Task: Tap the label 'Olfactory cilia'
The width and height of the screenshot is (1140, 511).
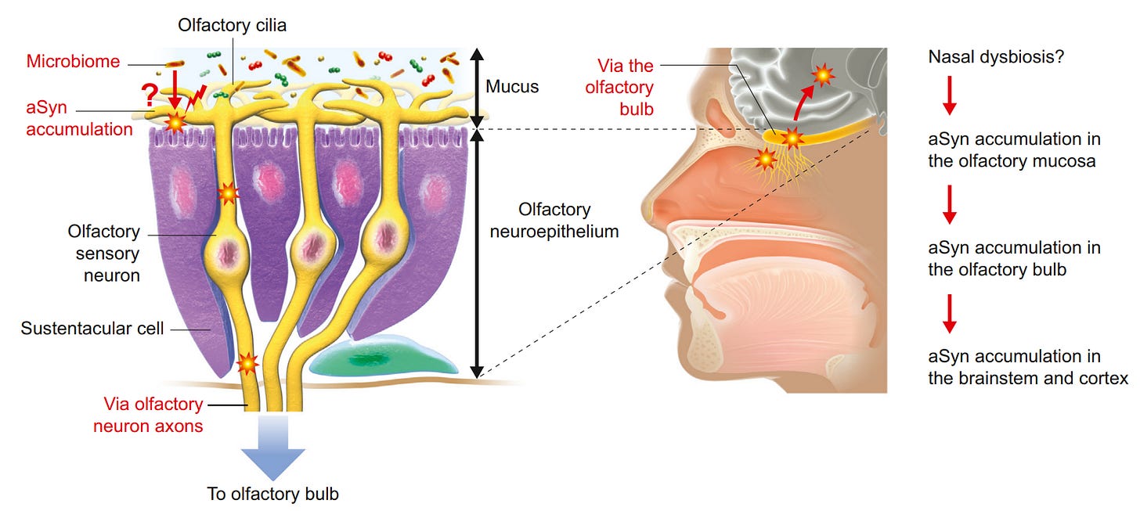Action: (x=233, y=25)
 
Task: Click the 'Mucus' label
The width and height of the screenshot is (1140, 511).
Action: (x=512, y=86)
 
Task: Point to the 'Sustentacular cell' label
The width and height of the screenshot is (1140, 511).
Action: (x=92, y=328)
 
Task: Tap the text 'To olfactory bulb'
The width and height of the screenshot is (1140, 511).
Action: (x=273, y=494)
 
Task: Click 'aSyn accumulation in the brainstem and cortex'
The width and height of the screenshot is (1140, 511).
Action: (x=1028, y=368)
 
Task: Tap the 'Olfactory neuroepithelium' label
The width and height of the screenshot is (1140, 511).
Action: (x=554, y=221)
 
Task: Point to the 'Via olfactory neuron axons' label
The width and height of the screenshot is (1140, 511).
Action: (x=153, y=415)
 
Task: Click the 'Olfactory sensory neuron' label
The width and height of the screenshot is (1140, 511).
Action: (x=104, y=254)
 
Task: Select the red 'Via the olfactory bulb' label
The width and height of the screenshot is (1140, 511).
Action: (x=625, y=88)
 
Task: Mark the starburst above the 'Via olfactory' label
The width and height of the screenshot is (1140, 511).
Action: (x=247, y=363)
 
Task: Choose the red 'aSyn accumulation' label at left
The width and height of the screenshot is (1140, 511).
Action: (x=79, y=119)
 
